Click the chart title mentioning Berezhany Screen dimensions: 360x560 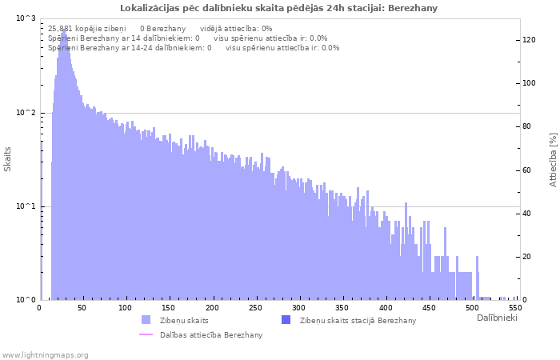pyautogui.click(x=279, y=8)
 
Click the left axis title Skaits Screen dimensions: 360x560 pyautogui.click(x=8, y=158)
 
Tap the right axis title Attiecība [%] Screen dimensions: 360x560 pyautogui.click(x=553, y=160)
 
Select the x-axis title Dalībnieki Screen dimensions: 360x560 pyautogui.click(x=497, y=318)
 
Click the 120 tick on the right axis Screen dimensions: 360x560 pyautogui.click(x=530, y=40)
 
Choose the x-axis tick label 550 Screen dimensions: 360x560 pyautogui.click(x=515, y=307)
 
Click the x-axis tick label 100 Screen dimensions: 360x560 pyautogui.click(x=124, y=307)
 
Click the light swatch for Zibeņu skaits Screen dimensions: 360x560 pyautogui.click(x=146, y=320)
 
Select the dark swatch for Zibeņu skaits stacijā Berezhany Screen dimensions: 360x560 pyautogui.click(x=286, y=320)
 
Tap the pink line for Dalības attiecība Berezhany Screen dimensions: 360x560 pyautogui.click(x=146, y=334)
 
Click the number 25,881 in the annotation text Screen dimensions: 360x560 pyautogui.click(x=61, y=28)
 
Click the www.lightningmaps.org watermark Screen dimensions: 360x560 pyautogui.click(x=45, y=354)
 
